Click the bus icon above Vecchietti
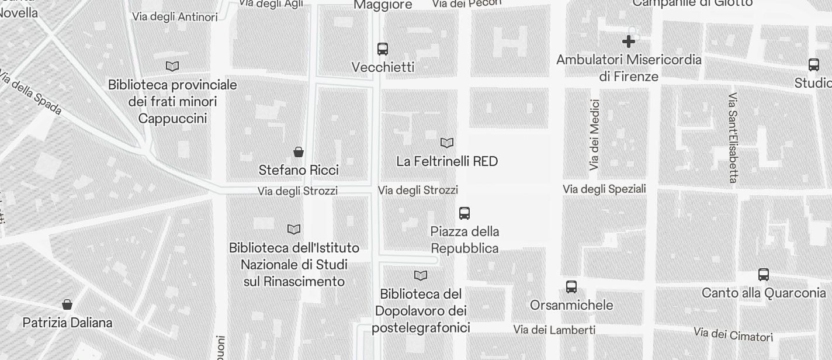pyautogui.click(x=383, y=49)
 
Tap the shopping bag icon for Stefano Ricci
pyautogui.click(x=299, y=152)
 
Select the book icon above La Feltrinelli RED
pyautogui.click(x=447, y=143)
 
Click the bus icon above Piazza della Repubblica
pyautogui.click(x=464, y=213)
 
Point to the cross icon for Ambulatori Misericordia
pyautogui.click(x=629, y=41)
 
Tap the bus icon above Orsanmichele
pyautogui.click(x=571, y=287)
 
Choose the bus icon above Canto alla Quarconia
pyautogui.click(x=764, y=275)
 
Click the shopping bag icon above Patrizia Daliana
pyautogui.click(x=67, y=304)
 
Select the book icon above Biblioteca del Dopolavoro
pyautogui.click(x=421, y=275)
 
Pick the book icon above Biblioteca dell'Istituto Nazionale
pyautogui.click(x=294, y=229)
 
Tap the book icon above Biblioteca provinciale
pyautogui.click(x=172, y=66)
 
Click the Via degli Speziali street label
pyautogui.click(x=604, y=189)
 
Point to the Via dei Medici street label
pyautogui.click(x=595, y=135)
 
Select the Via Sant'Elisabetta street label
pyautogui.click(x=733, y=137)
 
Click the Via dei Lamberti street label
pyautogui.click(x=554, y=330)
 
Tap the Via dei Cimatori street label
pyautogui.click(x=733, y=335)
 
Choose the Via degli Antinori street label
pyautogui.click(x=175, y=17)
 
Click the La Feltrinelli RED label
pyautogui.click(x=447, y=161)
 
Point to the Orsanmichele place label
pyautogui.click(x=571, y=305)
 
